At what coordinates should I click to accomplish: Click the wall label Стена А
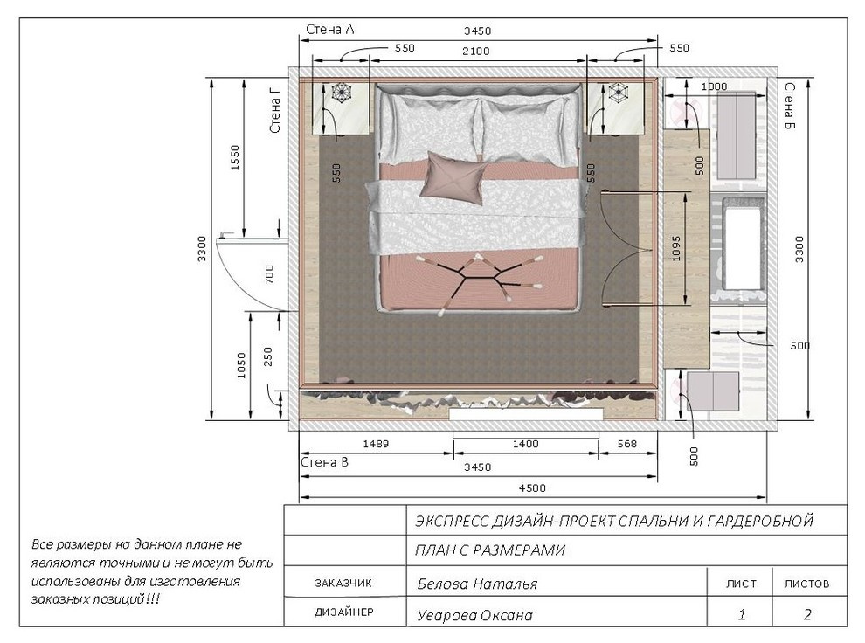pyautogui.click(x=330, y=30)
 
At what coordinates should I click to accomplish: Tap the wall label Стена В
pyautogui.click(x=324, y=462)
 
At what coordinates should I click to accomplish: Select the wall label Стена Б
pyautogui.click(x=790, y=107)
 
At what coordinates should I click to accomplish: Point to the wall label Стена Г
pyautogui.click(x=275, y=110)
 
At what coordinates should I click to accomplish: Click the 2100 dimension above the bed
pyautogui.click(x=475, y=52)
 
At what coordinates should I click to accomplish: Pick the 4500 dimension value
pyautogui.click(x=532, y=488)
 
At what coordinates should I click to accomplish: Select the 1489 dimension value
pyautogui.click(x=376, y=444)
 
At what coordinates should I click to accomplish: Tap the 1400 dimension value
pyautogui.click(x=525, y=444)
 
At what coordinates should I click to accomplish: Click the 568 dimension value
pyautogui.click(x=626, y=444)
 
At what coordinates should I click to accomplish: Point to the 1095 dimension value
pyautogui.click(x=676, y=248)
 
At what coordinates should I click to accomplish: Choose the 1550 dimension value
pyautogui.click(x=235, y=158)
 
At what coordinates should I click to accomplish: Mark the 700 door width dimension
pyautogui.click(x=269, y=274)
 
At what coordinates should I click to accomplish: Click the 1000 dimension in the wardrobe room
pyautogui.click(x=714, y=86)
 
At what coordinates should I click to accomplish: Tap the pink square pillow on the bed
pyautogui.click(x=453, y=178)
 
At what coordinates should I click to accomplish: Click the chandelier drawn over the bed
pyautogui.click(x=478, y=281)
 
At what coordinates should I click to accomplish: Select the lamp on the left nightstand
pyautogui.click(x=342, y=92)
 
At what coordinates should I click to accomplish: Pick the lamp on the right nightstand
pyautogui.click(x=618, y=92)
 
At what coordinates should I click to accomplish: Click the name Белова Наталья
pyautogui.click(x=477, y=584)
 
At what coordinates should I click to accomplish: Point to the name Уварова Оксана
pyautogui.click(x=475, y=615)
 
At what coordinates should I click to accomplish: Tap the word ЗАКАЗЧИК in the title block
pyautogui.click(x=343, y=583)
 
